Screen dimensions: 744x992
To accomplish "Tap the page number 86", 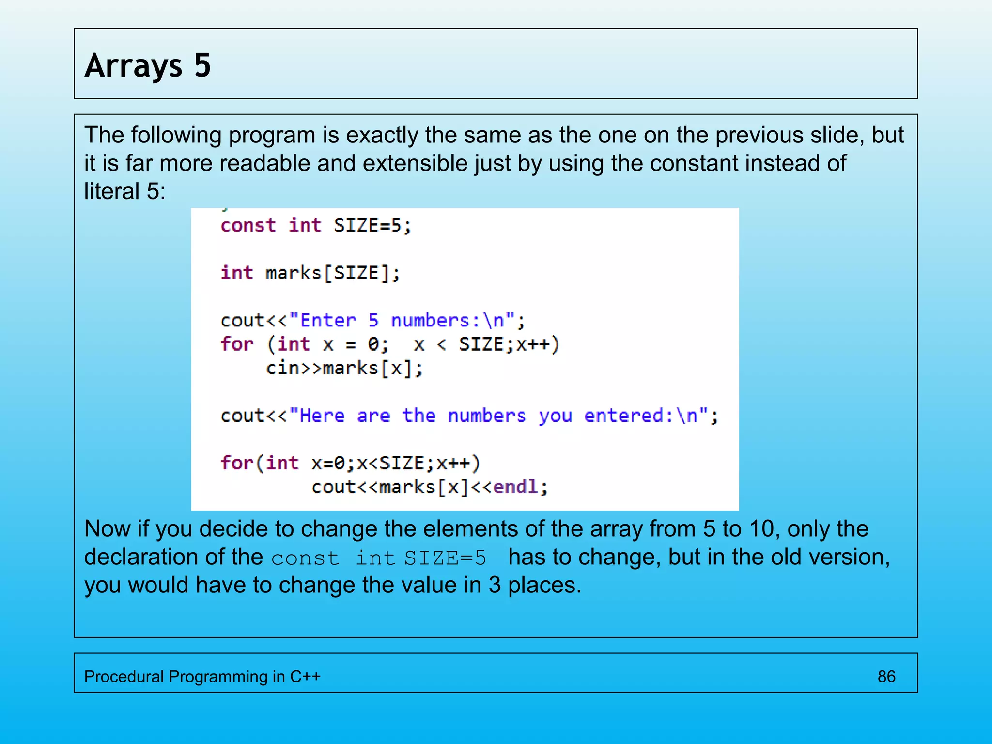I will (x=886, y=676).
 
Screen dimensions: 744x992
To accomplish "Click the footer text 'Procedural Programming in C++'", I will (x=202, y=676).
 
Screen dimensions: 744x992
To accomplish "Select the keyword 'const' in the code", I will (x=248, y=226).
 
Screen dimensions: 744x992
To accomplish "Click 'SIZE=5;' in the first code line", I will (x=372, y=226).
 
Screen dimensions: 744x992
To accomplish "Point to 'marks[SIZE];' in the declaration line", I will (x=333, y=273).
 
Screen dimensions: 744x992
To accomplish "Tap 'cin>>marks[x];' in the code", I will (x=344, y=369).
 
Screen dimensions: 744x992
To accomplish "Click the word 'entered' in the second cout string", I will (x=623, y=416).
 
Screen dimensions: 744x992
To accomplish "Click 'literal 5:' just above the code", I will (x=125, y=191).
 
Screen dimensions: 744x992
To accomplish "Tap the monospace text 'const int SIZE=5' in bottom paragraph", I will (x=378, y=558).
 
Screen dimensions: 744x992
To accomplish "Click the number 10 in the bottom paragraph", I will (x=762, y=528).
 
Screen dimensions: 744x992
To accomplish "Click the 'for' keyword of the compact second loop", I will (x=236, y=463).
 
